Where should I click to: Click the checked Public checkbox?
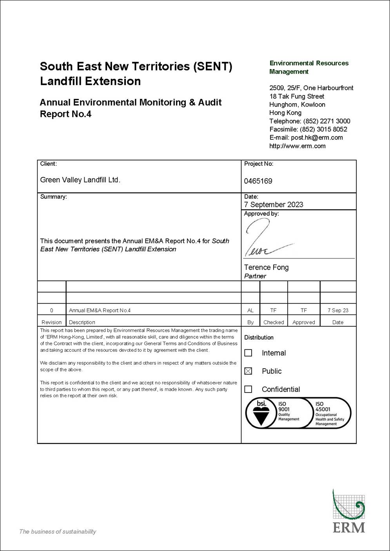click(248, 371)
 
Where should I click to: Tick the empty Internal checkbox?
click(248, 353)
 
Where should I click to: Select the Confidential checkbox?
click(248, 389)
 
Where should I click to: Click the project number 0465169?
click(258, 181)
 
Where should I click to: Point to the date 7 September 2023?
click(274, 205)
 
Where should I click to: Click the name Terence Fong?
click(266, 267)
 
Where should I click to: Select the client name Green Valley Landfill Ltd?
click(80, 180)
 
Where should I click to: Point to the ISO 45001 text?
click(323, 407)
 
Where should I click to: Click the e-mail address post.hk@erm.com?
click(317, 138)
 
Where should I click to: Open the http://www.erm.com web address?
click(297, 146)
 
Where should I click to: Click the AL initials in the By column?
click(250, 310)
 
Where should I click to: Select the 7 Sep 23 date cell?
click(338, 310)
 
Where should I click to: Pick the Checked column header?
click(274, 322)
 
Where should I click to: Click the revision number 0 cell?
click(51, 310)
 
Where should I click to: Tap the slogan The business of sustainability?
click(58, 532)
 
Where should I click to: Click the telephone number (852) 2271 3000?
click(327, 121)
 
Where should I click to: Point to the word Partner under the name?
click(255, 276)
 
